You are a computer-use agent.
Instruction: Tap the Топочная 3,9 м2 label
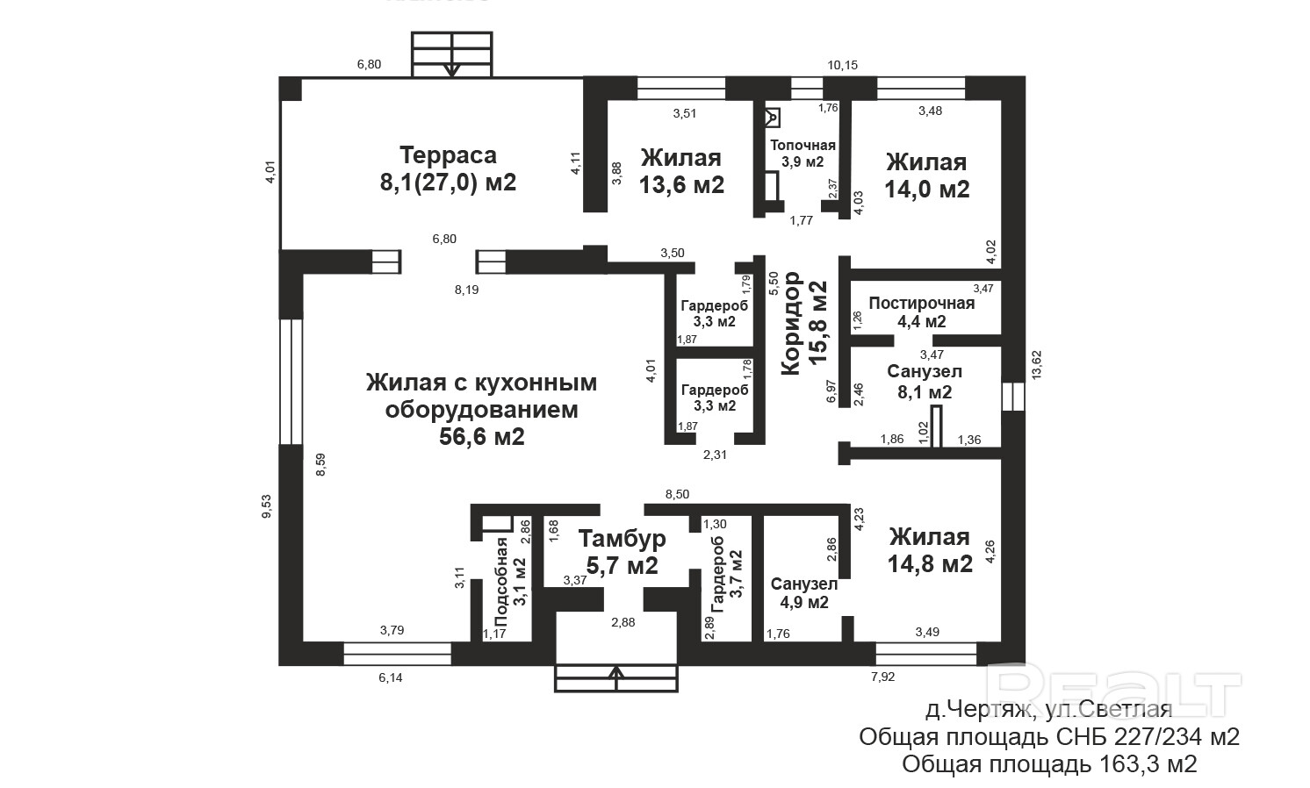click(803, 153)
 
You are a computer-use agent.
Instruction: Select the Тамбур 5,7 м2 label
click(622, 552)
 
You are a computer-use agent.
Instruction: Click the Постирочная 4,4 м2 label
click(921, 312)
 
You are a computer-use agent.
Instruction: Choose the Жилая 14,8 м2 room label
click(929, 550)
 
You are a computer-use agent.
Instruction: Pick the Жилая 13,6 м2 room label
click(681, 171)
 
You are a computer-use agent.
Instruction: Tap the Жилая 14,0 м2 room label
click(926, 176)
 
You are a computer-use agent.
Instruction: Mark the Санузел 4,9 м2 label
click(803, 593)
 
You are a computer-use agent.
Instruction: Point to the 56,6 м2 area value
click(482, 436)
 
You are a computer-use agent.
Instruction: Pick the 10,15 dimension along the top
click(842, 65)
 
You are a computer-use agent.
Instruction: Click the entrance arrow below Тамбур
click(616, 676)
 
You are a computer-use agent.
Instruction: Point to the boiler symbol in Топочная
click(773, 116)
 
